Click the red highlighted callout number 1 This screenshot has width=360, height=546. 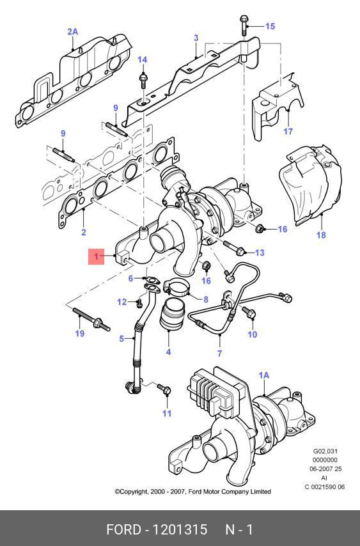96,256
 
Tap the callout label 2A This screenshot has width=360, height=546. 72,32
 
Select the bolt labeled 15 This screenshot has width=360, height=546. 244,26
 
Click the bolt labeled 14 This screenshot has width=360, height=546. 143,81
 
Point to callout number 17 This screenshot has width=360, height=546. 288,131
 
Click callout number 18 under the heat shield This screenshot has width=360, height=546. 321,235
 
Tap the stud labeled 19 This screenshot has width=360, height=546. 91,319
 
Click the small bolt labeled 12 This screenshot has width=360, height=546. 139,303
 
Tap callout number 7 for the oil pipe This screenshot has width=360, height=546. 219,354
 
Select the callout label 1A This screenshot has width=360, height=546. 264,375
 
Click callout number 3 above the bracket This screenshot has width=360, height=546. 196,38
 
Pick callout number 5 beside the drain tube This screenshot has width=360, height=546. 121,338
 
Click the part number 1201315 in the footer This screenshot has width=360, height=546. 180,529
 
